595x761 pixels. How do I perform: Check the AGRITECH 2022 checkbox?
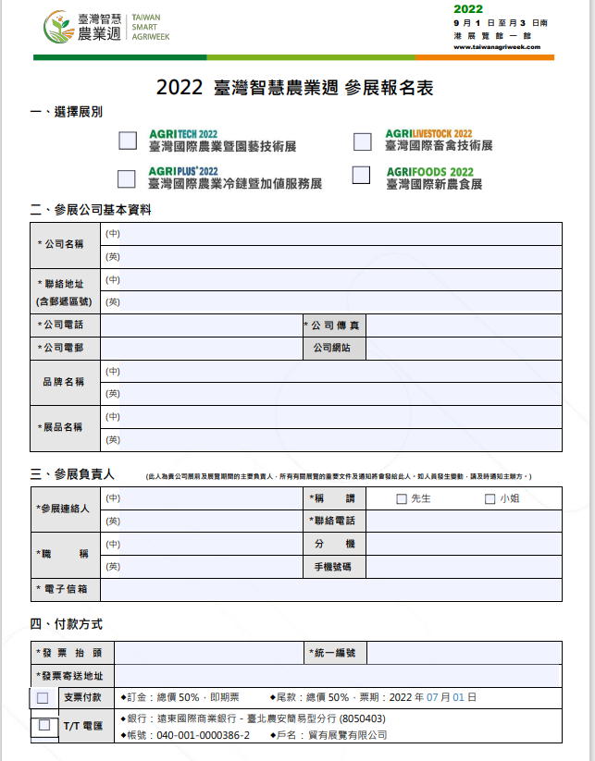tap(128, 141)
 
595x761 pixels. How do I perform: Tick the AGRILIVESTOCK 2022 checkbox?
tap(363, 141)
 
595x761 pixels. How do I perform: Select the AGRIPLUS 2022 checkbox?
tap(127, 178)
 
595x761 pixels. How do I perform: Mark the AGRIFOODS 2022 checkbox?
tap(361, 175)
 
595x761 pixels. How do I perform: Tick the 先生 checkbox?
tap(402, 499)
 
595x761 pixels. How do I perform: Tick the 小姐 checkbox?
tap(490, 499)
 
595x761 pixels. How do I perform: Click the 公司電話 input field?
tap(201, 325)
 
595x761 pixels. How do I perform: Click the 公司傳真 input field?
tap(464, 325)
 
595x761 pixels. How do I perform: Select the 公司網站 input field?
tap(464, 349)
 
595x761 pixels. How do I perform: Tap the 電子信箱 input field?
tap(330, 589)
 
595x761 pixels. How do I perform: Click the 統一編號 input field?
tap(464, 654)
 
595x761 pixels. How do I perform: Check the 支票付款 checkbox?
tap(43, 698)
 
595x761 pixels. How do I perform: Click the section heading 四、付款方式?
tap(67, 625)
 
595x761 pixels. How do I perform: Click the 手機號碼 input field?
tap(464, 567)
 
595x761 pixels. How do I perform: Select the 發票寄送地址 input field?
tap(338, 677)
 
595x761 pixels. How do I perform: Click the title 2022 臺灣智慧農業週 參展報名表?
tap(295, 88)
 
